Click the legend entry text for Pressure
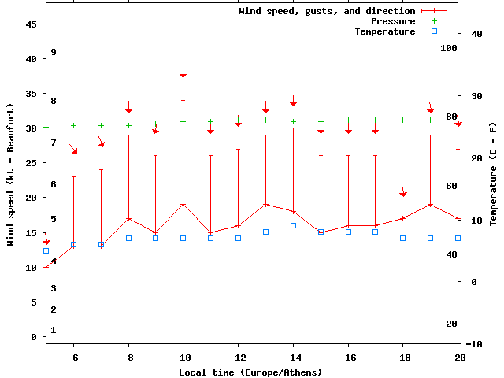point(392,21)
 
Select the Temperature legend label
point(384,31)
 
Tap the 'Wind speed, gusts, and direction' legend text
point(327,11)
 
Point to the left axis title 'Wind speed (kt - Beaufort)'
point(10,175)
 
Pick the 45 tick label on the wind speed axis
point(31,24)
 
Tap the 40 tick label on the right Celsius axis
point(476,34)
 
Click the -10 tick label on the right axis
point(474,344)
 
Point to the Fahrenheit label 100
point(449,48)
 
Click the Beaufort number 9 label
point(54,52)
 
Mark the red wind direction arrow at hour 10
point(183,72)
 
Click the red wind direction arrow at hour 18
point(403,191)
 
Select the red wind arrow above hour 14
point(293,101)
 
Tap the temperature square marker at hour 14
point(293,225)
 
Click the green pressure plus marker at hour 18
point(402,120)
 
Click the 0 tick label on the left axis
point(34,337)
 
